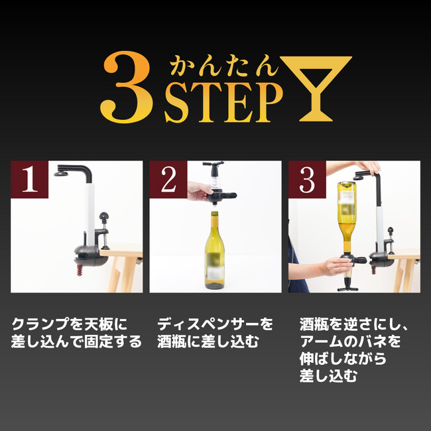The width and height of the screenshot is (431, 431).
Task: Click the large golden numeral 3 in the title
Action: (127, 87)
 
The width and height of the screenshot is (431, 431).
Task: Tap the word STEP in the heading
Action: (223, 102)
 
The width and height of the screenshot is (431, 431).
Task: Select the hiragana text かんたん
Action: (223, 66)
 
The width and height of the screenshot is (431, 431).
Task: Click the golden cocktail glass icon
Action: (316, 88)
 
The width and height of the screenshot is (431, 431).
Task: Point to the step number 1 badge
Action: (29, 179)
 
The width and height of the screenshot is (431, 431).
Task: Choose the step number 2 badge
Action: (168, 179)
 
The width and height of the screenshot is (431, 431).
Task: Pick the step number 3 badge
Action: (307, 179)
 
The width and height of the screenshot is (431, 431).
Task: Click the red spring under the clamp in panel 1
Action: (80, 270)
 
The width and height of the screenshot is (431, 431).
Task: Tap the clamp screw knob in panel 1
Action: (104, 216)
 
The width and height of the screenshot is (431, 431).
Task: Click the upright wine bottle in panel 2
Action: (214, 250)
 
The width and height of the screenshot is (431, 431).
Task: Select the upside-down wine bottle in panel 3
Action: (347, 217)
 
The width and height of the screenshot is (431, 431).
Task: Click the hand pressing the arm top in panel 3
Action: (368, 166)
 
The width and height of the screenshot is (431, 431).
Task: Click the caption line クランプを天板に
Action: (69, 324)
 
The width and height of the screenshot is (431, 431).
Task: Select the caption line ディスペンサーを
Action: (215, 324)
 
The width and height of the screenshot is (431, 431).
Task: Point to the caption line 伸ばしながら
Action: (343, 359)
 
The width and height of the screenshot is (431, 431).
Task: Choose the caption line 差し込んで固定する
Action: (76, 341)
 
